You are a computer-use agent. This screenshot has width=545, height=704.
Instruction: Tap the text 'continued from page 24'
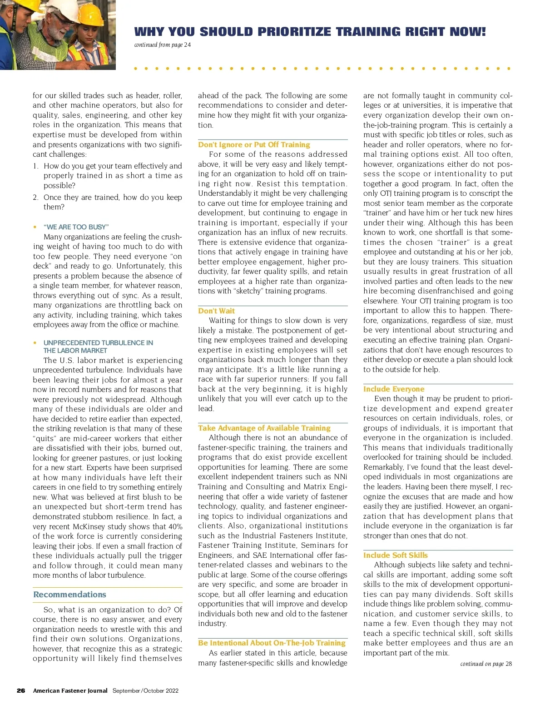pyautogui.click(x=163, y=45)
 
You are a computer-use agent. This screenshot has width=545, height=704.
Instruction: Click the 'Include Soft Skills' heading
pyautogui.click(x=395, y=555)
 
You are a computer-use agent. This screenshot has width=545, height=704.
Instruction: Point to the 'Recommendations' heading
pyautogui.click(x=69, y=594)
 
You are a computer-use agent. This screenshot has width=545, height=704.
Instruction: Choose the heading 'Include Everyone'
pyautogui.click(x=394, y=389)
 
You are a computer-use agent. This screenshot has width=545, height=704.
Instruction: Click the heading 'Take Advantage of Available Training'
pyautogui.click(x=264, y=428)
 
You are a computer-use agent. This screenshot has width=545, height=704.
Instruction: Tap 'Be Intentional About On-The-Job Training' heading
pyautogui.click(x=272, y=643)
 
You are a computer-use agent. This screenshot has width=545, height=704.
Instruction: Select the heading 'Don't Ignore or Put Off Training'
pyautogui.click(x=254, y=144)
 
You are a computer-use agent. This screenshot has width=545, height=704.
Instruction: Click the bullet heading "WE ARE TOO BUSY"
pyautogui.click(x=76, y=227)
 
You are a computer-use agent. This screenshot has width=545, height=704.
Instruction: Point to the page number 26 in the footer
pyautogui.click(x=21, y=690)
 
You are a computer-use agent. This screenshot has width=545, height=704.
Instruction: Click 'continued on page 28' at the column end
pyautogui.click(x=486, y=664)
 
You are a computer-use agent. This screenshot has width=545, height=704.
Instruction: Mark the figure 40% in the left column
pyautogui.click(x=175, y=526)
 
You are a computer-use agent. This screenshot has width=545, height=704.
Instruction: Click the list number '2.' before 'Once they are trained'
pyautogui.click(x=36, y=197)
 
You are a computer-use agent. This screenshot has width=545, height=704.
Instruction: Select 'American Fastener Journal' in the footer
pyautogui.click(x=70, y=690)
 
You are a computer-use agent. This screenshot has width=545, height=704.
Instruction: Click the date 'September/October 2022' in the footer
pyautogui.click(x=145, y=690)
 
